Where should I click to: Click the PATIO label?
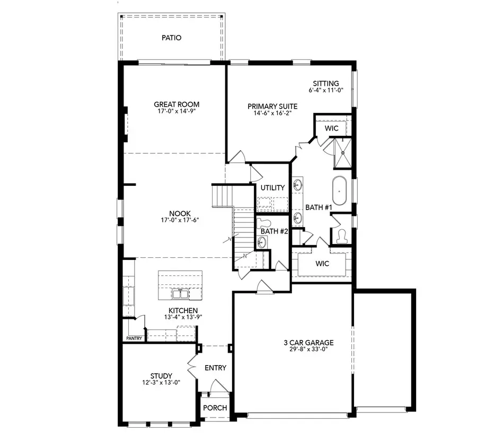pyautogui.click(x=172, y=38)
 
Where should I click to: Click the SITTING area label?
pyautogui.click(x=326, y=83)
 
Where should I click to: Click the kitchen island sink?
pyautogui.click(x=180, y=293)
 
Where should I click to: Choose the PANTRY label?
pyautogui.click(x=134, y=338)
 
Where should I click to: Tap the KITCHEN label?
pyautogui.click(x=183, y=310)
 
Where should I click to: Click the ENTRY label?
pyautogui.click(x=215, y=368)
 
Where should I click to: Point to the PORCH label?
pyautogui.click(x=215, y=408)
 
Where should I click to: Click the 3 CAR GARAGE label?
pyautogui.click(x=308, y=342)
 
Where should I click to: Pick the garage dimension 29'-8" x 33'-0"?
pyautogui.click(x=308, y=350)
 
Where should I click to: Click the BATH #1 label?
pyautogui.click(x=319, y=207)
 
